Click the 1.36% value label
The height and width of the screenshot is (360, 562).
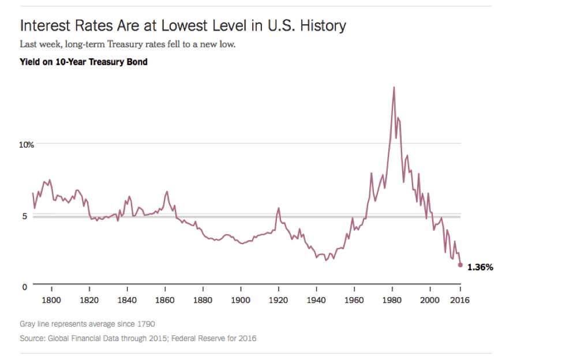480,267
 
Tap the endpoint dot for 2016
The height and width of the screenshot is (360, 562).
460,265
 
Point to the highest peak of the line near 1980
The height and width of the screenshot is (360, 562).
394,88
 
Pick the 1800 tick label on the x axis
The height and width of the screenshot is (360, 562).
51,300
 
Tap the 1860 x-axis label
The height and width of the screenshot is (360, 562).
165,300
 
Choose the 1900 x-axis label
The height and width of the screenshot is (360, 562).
241,300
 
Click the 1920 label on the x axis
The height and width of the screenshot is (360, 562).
279,300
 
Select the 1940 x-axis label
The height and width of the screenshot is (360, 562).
316,300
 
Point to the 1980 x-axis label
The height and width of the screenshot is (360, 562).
392,300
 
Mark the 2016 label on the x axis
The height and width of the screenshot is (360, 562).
460,300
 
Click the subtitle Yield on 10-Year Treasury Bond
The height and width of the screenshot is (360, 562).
83,62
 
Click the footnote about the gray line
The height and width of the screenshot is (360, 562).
87,324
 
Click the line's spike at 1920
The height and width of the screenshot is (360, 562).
279,208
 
